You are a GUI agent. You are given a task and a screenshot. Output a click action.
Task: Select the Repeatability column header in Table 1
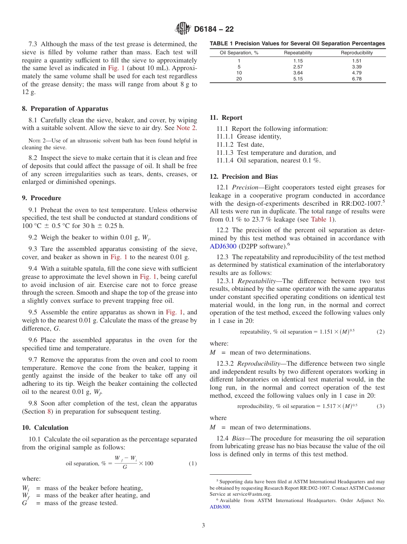point(298,53)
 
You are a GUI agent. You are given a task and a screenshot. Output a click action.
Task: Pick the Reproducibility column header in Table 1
point(356,53)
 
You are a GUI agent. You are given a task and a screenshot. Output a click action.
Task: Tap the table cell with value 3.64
point(298,73)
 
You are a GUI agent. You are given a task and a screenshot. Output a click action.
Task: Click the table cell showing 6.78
point(356,79)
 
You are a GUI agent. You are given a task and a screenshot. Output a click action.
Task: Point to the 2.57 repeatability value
point(298,67)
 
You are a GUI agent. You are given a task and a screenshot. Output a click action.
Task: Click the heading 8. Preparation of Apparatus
point(65,109)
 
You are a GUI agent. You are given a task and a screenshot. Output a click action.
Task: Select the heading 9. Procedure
point(42,198)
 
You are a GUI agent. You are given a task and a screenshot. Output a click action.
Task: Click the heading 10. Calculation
point(45,428)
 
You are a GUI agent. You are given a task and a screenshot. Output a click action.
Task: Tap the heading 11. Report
point(226,118)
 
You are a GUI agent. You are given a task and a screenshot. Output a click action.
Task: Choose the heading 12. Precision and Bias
point(243,177)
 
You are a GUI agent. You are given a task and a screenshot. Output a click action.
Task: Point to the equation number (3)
point(380,406)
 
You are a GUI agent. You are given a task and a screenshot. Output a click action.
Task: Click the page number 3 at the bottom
point(203,525)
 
